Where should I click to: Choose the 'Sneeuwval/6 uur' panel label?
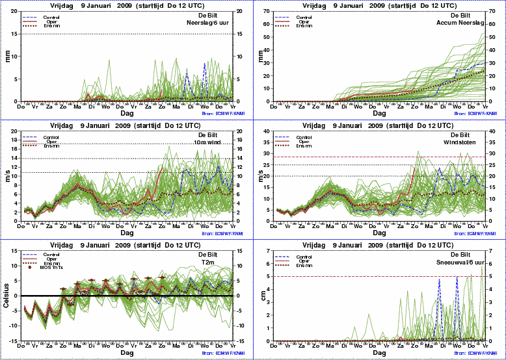click(x=460, y=262)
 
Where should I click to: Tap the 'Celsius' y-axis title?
click(x=6, y=295)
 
